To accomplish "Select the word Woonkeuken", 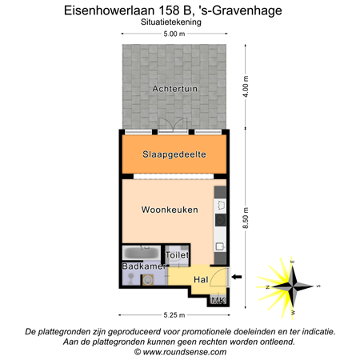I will (168, 210).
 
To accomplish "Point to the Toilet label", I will (177, 255).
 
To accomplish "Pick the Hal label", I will (200, 279).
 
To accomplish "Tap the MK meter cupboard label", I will (217, 300).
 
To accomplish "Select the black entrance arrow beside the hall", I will (235, 278).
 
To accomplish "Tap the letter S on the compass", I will (318, 286).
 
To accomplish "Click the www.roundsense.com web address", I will (180, 351).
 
